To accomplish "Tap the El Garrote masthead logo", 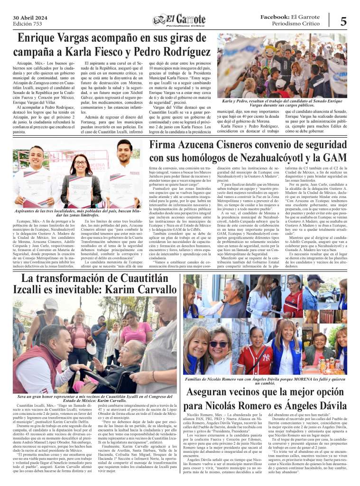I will (180, 19).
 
